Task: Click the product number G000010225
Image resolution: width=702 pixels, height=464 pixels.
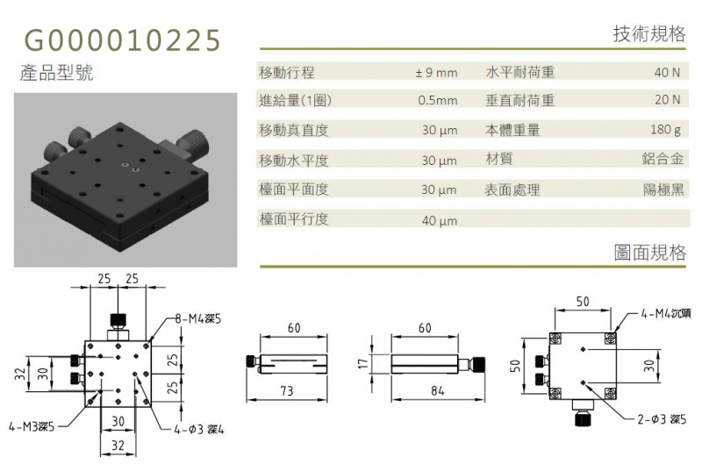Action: point(122,39)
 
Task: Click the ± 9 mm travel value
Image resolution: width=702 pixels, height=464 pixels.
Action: point(436,73)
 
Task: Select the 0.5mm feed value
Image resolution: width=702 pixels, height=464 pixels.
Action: point(438,100)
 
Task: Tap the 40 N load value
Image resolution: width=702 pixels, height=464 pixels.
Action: point(667,73)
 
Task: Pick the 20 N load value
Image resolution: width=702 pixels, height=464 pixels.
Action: point(668,100)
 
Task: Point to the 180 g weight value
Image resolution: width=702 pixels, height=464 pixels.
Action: point(666,130)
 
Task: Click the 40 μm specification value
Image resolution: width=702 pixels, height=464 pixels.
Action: point(440,220)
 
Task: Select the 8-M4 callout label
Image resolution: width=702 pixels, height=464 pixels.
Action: point(198,319)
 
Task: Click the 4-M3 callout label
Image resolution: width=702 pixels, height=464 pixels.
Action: point(32,427)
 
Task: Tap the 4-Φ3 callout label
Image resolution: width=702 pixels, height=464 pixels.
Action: point(199,430)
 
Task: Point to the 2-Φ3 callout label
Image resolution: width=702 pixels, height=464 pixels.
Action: point(662,419)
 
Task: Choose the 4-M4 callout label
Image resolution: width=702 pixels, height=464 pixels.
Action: point(666,314)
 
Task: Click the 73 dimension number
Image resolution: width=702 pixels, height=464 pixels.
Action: point(287,391)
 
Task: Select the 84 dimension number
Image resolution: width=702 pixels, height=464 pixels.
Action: point(437,391)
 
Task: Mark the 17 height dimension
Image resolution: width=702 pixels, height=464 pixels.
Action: point(363,363)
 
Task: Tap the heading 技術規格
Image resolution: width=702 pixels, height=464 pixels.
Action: point(649,34)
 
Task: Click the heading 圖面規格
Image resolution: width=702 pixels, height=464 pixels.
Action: point(650,253)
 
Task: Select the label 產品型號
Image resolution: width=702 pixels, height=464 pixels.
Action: point(56,73)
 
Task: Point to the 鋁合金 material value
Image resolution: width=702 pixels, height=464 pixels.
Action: point(663,159)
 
